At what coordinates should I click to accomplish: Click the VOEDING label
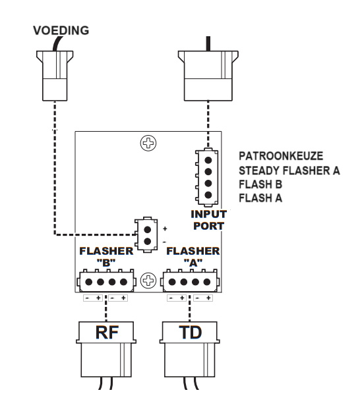tap(61, 30)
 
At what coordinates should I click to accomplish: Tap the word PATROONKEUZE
tap(281, 156)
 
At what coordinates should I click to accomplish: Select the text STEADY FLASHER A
tap(289, 171)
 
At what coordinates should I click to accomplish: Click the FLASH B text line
tap(260, 184)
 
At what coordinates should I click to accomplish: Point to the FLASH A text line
tap(260, 198)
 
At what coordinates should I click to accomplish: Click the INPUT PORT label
tap(208, 220)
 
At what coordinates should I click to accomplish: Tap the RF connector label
tap(107, 333)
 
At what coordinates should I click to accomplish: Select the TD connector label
tap(191, 333)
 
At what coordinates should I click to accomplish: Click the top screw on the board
tap(148, 143)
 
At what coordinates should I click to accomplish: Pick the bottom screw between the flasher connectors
tap(148, 281)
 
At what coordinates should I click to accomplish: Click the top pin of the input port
tap(208, 160)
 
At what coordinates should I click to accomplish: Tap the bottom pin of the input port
tap(208, 195)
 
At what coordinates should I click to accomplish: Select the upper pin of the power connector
tap(148, 230)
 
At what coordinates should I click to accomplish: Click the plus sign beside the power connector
tap(165, 229)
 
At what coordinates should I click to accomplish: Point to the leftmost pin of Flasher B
tap(89, 282)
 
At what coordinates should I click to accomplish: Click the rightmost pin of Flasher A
tap(207, 282)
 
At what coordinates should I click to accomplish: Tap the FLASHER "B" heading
tap(106, 257)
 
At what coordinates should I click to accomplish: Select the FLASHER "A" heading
tap(193, 257)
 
